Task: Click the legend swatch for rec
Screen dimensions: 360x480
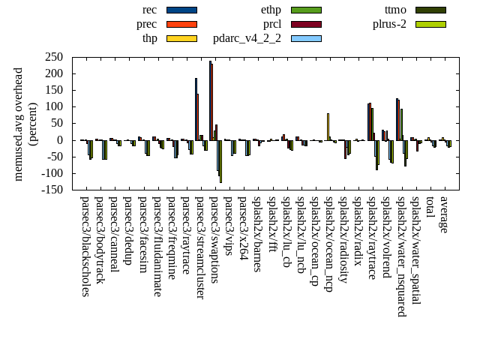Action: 181,10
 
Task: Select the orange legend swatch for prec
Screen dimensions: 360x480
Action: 181,24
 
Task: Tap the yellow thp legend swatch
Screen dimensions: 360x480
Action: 181,38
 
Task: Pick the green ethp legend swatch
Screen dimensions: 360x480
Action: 306,10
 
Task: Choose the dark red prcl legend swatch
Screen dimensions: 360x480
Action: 306,24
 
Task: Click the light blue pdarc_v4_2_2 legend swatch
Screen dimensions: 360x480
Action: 306,38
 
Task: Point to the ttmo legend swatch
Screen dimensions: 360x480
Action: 430,10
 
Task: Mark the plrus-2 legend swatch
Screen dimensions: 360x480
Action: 430,24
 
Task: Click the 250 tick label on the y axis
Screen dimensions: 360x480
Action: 53,57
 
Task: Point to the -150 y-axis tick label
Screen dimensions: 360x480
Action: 51,190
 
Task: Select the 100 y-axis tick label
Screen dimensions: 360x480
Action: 53,106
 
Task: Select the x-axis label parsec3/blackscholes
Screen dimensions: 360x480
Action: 85,246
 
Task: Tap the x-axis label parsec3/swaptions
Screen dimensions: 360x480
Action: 214,239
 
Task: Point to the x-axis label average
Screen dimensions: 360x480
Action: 444,214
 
